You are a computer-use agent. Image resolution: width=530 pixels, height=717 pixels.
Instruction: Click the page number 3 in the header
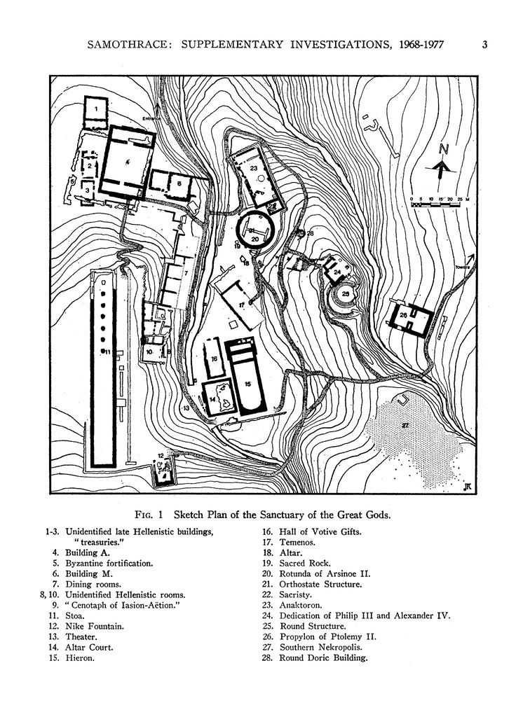pos(484,46)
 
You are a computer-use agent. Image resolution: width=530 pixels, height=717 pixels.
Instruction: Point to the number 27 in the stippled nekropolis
pos(405,425)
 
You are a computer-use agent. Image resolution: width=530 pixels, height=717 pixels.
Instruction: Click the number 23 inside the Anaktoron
pos(253,168)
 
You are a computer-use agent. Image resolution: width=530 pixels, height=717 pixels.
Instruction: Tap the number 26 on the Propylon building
pos(403,316)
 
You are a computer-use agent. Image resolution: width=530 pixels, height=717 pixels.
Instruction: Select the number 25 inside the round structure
pos(345,294)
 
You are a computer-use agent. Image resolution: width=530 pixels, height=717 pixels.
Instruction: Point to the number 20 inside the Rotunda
pos(255,238)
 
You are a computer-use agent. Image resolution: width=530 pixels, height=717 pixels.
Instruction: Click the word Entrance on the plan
pos(152,119)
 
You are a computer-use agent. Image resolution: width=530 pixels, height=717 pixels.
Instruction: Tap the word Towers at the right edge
pos(461,268)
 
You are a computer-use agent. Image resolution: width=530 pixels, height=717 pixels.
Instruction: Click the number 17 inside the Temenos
pos(240,305)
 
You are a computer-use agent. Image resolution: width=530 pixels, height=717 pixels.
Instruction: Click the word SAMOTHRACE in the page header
pos(128,46)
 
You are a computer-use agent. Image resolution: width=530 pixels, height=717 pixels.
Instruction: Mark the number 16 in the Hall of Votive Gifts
pos(215,358)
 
